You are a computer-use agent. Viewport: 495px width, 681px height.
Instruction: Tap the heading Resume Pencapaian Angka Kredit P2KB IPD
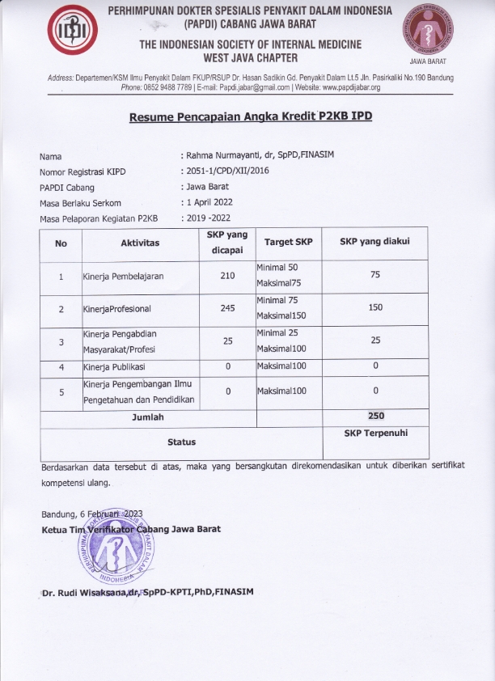click(x=251, y=117)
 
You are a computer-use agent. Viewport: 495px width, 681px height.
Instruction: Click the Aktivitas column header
click(x=140, y=243)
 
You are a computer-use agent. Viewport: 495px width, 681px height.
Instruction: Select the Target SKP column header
click(x=288, y=243)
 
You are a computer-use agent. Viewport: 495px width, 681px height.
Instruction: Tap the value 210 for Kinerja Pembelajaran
click(x=227, y=276)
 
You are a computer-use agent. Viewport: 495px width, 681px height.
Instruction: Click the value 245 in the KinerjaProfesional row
click(x=227, y=308)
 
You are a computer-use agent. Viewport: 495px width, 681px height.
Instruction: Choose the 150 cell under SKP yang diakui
click(x=374, y=308)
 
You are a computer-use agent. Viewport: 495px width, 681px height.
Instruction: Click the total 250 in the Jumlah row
click(x=374, y=417)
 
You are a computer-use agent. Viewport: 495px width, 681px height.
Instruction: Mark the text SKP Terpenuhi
click(x=375, y=434)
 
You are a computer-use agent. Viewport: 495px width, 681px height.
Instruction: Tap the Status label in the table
click(x=181, y=442)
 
